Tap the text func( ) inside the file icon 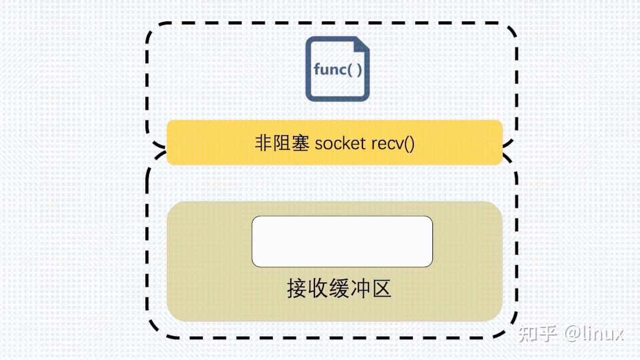click(x=337, y=69)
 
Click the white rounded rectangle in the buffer click(x=342, y=241)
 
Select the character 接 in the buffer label click(x=297, y=289)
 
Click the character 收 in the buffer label click(x=318, y=289)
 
